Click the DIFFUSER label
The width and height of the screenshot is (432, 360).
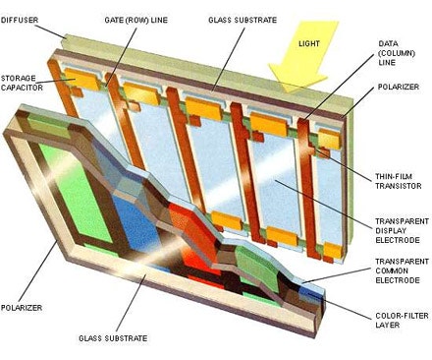(x=20, y=20)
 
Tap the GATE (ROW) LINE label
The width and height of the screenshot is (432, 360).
(x=135, y=20)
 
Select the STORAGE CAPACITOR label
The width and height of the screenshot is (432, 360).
(x=22, y=83)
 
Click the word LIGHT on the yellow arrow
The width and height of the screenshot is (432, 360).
(x=309, y=43)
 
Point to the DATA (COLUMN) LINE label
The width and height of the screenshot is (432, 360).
(x=397, y=53)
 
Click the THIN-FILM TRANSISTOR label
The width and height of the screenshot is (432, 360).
(x=398, y=181)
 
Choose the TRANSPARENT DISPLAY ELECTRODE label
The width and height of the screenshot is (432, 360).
(x=402, y=231)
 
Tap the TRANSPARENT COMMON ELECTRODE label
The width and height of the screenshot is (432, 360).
(x=402, y=271)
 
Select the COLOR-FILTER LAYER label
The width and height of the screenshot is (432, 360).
(x=402, y=321)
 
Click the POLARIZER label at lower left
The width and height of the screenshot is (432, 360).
(x=22, y=308)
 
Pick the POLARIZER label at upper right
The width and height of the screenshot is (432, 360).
(x=399, y=87)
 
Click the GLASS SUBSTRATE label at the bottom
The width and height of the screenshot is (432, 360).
(x=113, y=338)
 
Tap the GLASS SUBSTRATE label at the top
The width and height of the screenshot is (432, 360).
(x=243, y=20)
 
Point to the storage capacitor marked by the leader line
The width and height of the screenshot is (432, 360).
(x=81, y=80)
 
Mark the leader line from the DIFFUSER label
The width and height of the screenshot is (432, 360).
(x=50, y=31)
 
